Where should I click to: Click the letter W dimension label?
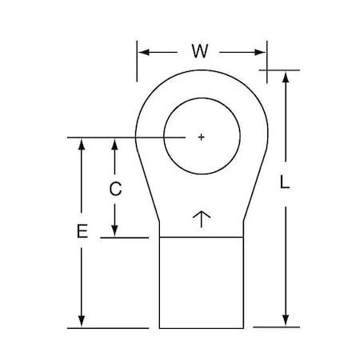[201, 53]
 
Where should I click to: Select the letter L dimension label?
[285, 182]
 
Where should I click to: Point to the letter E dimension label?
[81, 232]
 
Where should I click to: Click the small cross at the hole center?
[200, 138]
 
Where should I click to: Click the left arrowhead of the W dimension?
[144, 53]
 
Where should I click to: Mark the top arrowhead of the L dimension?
[286, 76]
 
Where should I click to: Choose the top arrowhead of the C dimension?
[115, 144]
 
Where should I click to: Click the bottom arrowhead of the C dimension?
[115, 231]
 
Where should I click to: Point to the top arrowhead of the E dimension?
[81, 144]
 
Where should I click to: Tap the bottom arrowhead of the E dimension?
[81, 322]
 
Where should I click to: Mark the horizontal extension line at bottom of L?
[276, 327]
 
